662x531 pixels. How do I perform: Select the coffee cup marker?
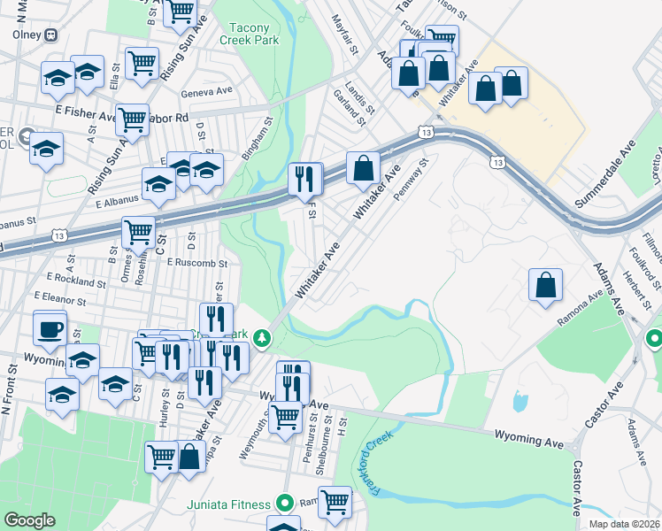coord(50,329)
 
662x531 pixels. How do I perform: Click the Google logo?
coord(29,520)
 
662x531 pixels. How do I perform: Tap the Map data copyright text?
coord(624,524)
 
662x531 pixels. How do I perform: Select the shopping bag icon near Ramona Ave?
coord(546,286)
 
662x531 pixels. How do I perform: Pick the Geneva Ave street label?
coord(205,91)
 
